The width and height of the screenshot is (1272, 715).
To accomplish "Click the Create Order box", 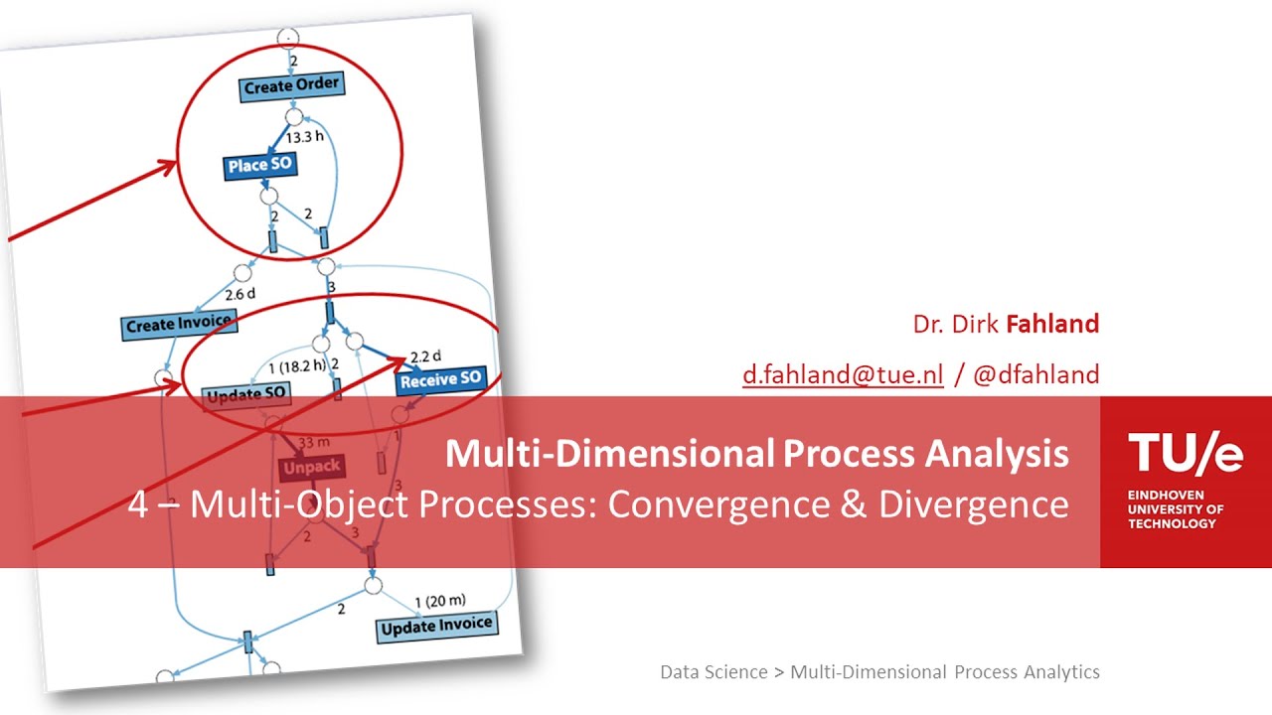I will point(292,85).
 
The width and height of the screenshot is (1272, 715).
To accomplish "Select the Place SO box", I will point(260,165).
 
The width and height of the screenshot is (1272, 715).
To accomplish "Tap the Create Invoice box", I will point(179,324).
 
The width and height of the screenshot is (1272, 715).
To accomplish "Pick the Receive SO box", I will point(441,378).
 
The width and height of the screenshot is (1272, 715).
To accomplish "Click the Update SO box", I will point(245,395).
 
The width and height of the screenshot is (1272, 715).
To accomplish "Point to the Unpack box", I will point(310,466).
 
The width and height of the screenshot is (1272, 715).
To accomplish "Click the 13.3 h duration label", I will point(304,135).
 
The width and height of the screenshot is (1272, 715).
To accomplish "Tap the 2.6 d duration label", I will point(240,295).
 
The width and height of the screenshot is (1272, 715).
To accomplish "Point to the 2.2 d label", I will point(425,355).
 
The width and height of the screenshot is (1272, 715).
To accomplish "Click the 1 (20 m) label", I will point(439,600).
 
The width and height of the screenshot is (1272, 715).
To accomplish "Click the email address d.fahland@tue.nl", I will point(843,374).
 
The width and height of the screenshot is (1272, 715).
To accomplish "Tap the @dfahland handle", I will point(1035,374).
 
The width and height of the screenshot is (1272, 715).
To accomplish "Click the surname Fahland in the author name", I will point(1052,324).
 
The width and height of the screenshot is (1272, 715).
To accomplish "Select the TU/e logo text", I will point(1186,454).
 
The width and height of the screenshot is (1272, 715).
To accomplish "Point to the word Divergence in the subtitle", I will point(973,504).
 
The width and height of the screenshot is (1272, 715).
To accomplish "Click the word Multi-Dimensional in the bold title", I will point(609,454).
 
